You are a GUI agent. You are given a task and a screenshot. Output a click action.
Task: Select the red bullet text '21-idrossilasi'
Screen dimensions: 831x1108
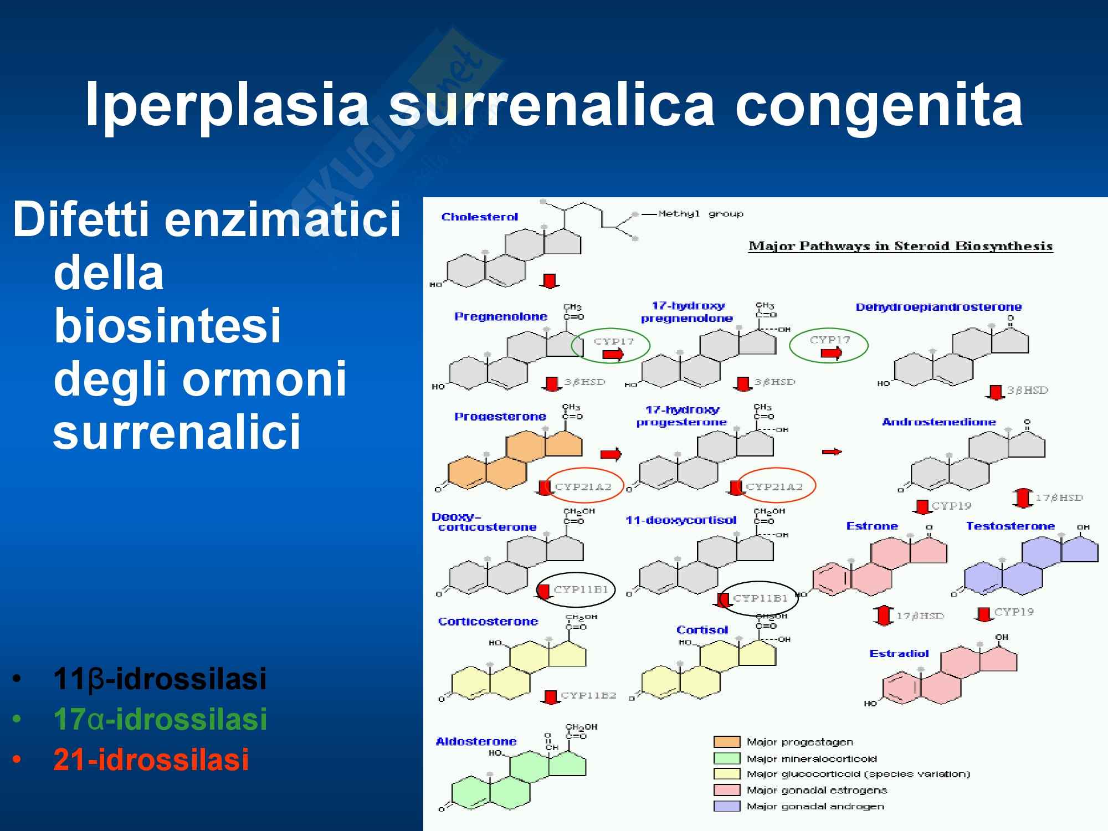pyautogui.click(x=151, y=759)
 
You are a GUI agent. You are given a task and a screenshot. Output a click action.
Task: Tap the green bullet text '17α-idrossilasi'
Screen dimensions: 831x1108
pyautogui.click(x=160, y=719)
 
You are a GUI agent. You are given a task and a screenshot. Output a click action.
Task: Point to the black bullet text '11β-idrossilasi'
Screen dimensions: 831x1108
pyautogui.click(x=160, y=679)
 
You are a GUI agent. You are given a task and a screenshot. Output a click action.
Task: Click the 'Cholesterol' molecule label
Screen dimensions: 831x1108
pyautogui.click(x=479, y=217)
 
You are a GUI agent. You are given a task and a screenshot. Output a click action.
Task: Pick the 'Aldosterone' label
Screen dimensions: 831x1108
pyautogui.click(x=476, y=741)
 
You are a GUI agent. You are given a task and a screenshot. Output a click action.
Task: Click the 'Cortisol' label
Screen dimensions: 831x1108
pyautogui.click(x=702, y=630)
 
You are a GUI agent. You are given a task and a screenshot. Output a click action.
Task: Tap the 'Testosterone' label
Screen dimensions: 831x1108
pyautogui.click(x=1010, y=526)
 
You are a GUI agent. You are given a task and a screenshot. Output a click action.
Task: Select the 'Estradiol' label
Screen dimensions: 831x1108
pyautogui.click(x=899, y=653)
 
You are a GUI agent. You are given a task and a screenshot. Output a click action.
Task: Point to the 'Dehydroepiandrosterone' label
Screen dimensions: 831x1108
pyautogui.click(x=938, y=307)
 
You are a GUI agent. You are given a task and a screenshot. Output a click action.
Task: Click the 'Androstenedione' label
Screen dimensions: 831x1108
pyautogui.click(x=938, y=422)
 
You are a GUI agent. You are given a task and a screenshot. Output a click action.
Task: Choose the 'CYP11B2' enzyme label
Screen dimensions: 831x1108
pyautogui.click(x=588, y=695)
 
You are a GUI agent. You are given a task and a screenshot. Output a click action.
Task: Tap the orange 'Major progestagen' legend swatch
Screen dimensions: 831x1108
pyautogui.click(x=727, y=742)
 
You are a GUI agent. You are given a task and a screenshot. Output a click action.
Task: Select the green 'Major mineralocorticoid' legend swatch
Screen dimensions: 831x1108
pyautogui.click(x=727, y=758)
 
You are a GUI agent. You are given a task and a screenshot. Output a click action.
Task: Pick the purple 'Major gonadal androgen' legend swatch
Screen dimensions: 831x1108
pyautogui.click(x=727, y=806)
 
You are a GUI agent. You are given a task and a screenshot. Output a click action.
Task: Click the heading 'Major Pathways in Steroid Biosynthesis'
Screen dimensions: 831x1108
pyautogui.click(x=900, y=246)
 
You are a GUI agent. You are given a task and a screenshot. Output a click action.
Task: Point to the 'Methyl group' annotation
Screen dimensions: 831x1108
pyautogui.click(x=700, y=214)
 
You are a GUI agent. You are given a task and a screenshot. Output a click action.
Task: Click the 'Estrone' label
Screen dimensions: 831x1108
pyautogui.click(x=871, y=526)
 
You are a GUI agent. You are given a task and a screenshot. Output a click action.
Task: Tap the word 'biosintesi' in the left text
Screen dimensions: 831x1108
pyautogui.click(x=168, y=326)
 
